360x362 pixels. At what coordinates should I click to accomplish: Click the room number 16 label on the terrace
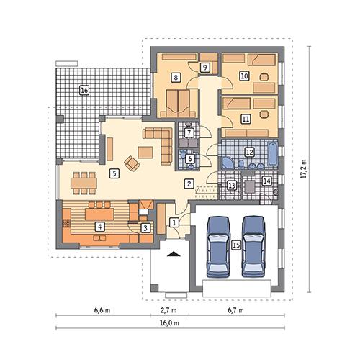tap(84, 91)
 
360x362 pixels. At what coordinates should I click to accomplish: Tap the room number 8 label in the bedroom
tap(175, 77)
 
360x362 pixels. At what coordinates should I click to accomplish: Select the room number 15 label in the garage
tap(235, 245)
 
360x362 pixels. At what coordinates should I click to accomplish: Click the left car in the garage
tap(218, 245)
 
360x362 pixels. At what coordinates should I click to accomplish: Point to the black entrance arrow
tap(173, 254)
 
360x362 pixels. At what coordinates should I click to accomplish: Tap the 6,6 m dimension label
tap(102, 311)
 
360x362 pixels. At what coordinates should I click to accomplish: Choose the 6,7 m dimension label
tap(235, 311)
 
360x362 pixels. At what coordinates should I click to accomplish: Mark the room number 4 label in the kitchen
tap(99, 227)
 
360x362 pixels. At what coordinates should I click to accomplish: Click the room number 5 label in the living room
tap(114, 173)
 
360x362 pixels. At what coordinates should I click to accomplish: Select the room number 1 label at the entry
tap(174, 223)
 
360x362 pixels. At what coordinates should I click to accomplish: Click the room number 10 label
tap(244, 76)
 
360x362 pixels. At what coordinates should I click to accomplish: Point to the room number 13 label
tap(231, 185)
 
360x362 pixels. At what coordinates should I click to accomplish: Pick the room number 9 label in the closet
tap(205, 67)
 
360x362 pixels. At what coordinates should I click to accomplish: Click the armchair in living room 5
tap(132, 163)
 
